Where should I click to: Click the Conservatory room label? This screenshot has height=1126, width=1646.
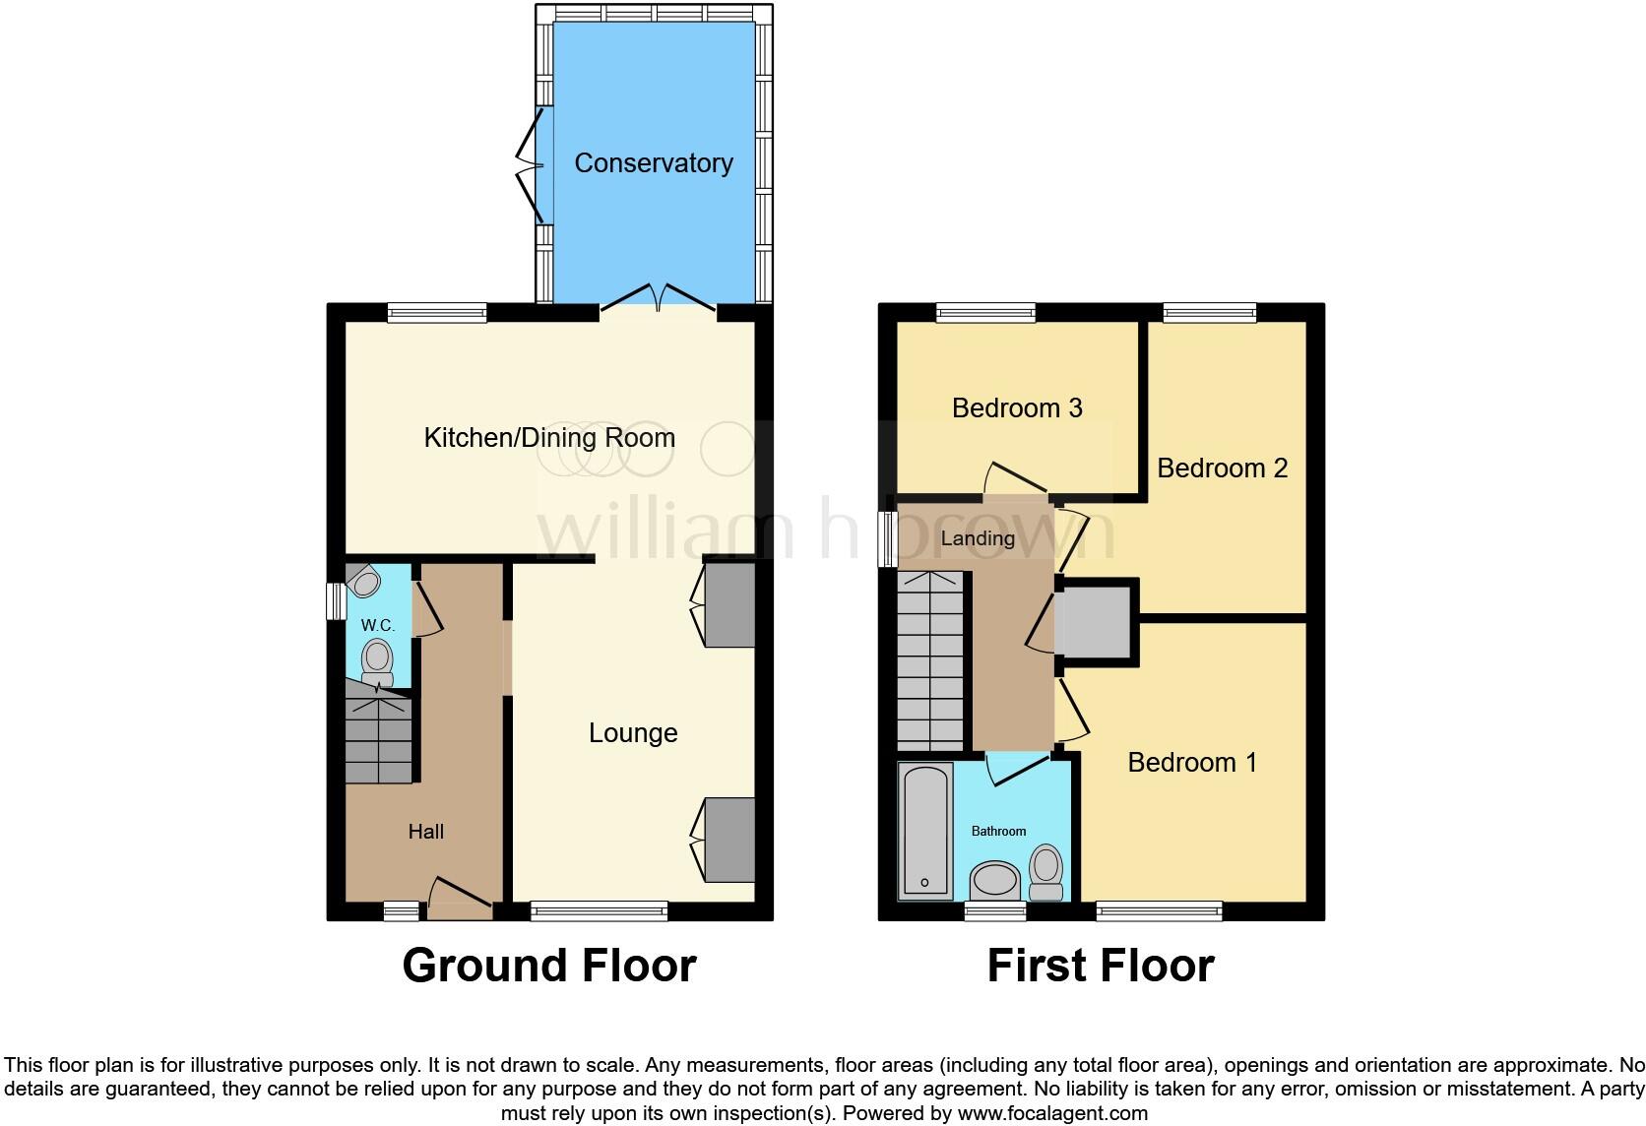tap(654, 163)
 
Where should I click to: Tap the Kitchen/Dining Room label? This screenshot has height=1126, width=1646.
tap(549, 438)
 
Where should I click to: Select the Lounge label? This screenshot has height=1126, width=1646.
tap(633, 733)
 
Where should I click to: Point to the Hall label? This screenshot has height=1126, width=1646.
tap(426, 832)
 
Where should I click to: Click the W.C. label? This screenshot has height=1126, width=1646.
tap(377, 626)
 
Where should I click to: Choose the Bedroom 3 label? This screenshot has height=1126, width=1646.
tap(1017, 407)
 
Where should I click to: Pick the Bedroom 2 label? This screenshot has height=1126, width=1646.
tap(1222, 468)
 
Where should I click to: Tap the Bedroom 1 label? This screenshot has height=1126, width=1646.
tap(1192, 762)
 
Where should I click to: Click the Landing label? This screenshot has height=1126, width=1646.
tap(978, 538)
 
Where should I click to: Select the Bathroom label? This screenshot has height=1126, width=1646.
tap(998, 832)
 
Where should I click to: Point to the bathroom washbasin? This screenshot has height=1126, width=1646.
tap(994, 878)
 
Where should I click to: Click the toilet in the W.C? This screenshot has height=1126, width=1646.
tap(376, 660)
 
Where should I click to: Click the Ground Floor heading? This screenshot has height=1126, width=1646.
tap(549, 966)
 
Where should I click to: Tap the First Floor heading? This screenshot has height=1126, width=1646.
tap(1101, 966)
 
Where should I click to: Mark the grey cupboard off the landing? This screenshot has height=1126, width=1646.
tap(1097, 621)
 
